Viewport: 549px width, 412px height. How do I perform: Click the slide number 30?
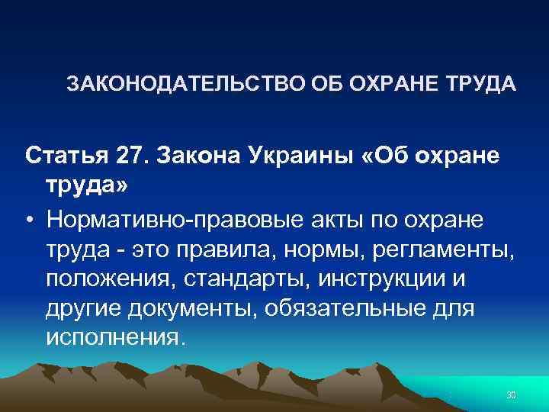[x=512, y=394]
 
